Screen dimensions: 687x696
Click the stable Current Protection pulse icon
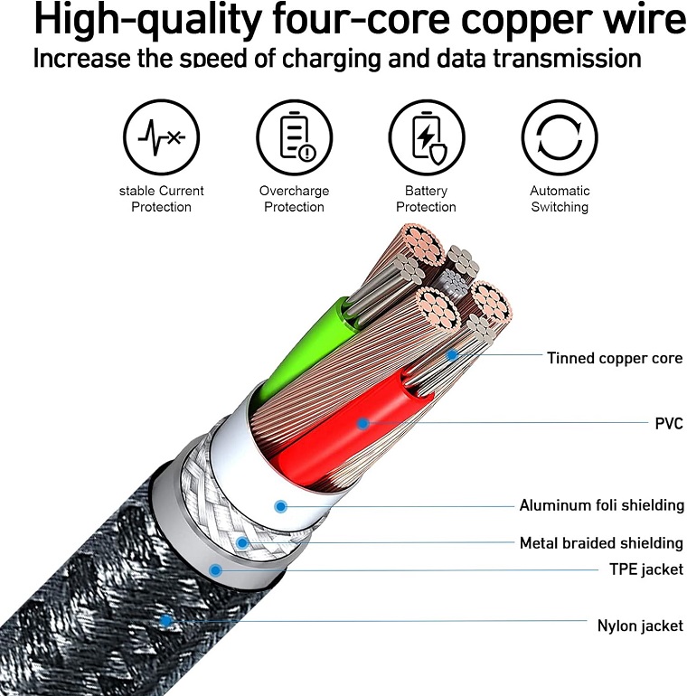161,137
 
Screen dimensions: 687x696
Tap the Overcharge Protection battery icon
294,137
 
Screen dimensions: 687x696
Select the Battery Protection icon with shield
427,137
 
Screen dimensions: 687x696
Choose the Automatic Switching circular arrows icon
560,137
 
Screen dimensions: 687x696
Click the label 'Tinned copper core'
615,358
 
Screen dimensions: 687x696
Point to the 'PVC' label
669,423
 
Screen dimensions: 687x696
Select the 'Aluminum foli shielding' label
602,505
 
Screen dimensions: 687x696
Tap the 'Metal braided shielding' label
601,543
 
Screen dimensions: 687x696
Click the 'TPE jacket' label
646,569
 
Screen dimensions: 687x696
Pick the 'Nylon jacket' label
640,625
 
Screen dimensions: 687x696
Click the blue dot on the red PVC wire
362,423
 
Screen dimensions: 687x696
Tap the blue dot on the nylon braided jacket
165,621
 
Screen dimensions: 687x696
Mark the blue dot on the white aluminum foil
280,506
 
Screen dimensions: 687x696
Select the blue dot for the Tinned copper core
452,355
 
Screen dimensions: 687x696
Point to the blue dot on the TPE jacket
216,570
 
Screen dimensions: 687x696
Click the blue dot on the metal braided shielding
242,542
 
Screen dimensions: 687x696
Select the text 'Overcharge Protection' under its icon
295,199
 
